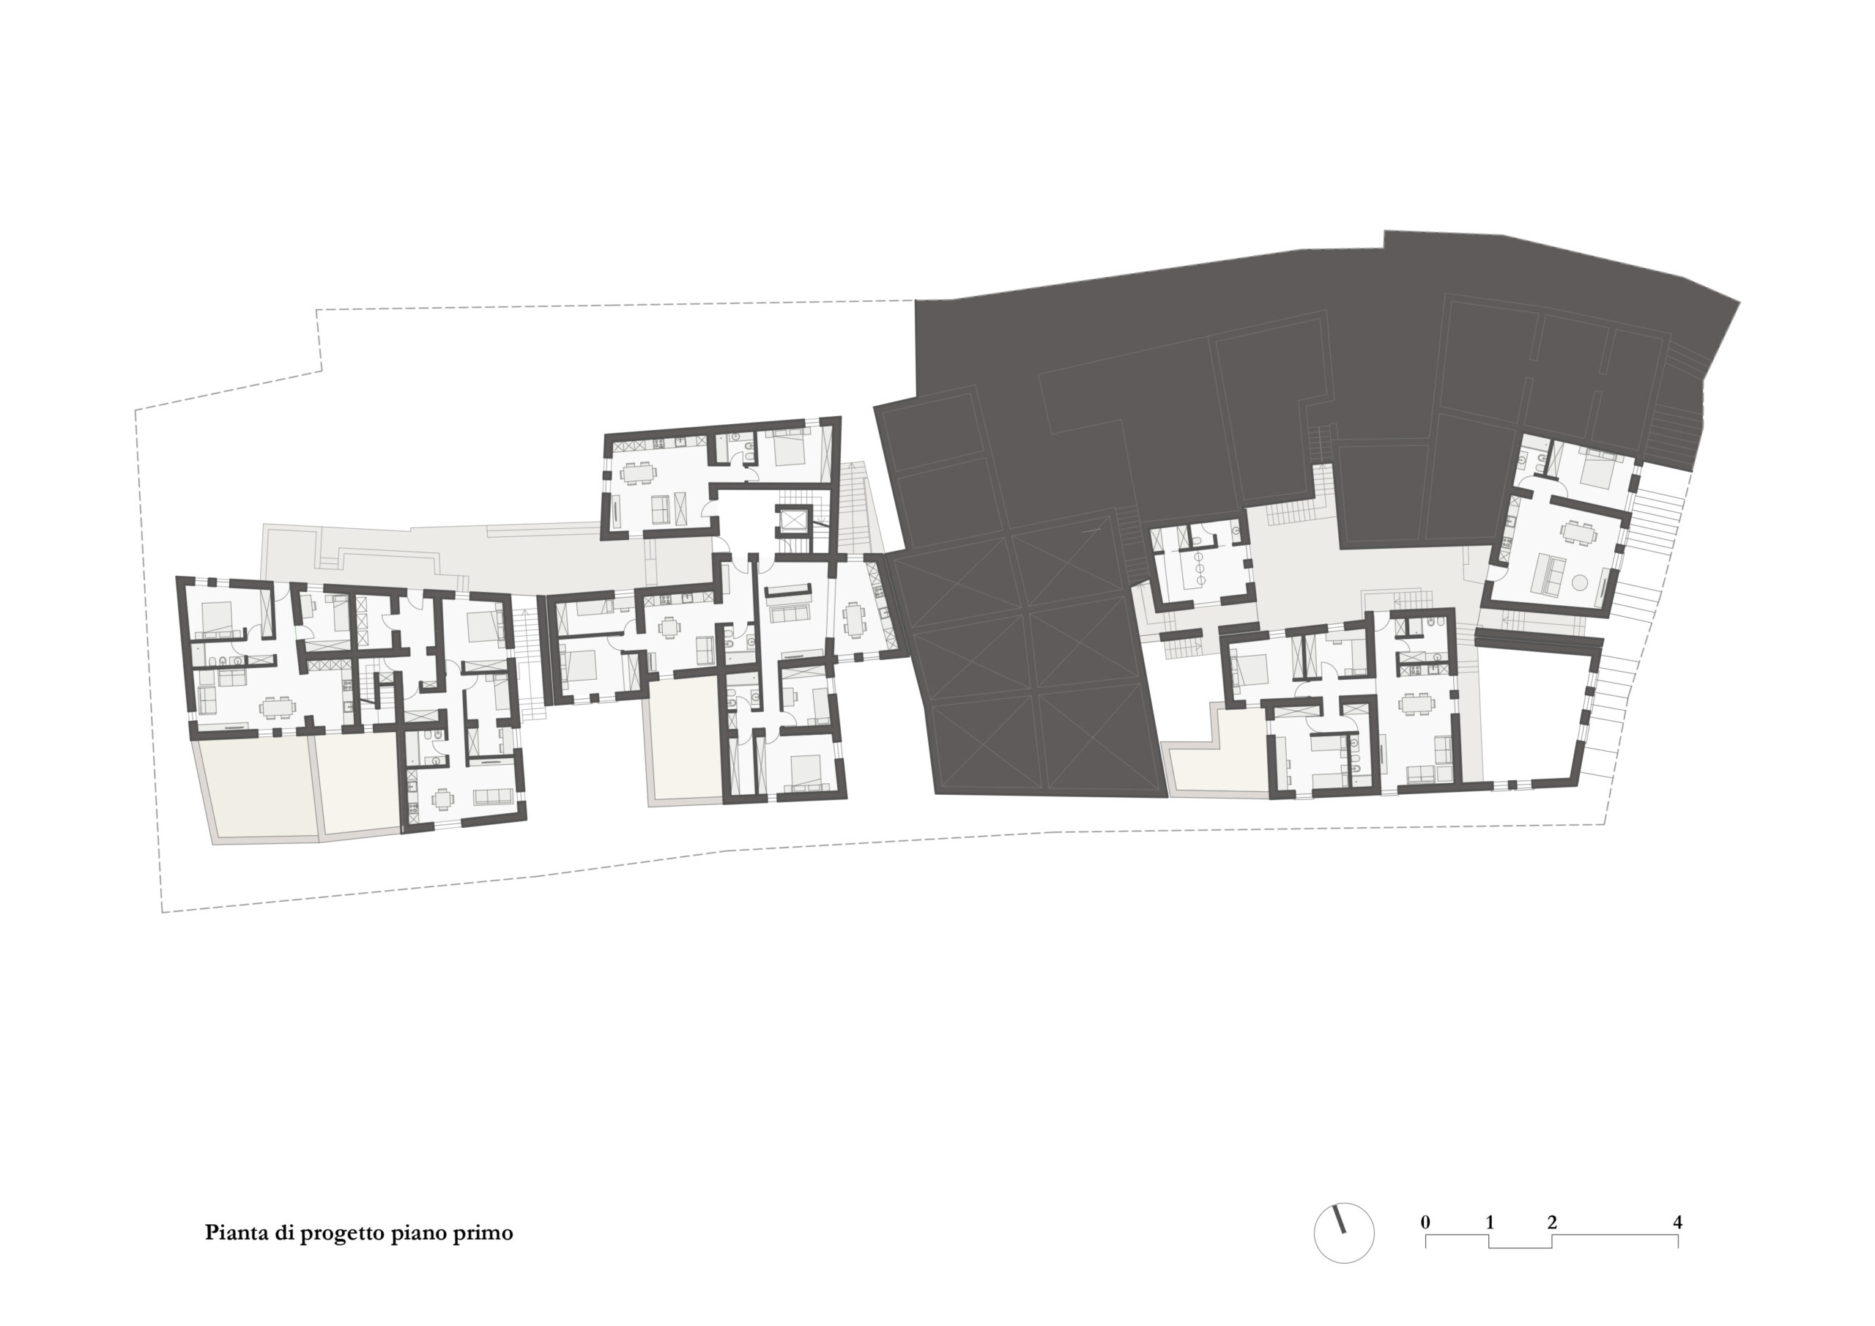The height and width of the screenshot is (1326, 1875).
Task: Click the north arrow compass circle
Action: (x=1343, y=1234)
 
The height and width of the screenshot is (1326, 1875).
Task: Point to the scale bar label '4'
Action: (x=1677, y=1222)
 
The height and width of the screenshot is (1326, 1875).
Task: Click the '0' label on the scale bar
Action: (x=1425, y=1222)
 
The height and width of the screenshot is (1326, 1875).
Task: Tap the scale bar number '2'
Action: (x=1551, y=1222)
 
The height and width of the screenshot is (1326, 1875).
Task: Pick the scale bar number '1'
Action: (x=1490, y=1222)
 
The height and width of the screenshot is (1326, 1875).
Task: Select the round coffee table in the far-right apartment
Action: (x=1579, y=583)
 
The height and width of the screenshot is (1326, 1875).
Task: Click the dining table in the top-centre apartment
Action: (x=638, y=473)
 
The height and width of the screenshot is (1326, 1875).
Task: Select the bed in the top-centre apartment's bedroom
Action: (x=788, y=448)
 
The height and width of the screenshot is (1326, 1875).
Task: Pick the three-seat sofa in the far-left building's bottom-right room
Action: (x=492, y=796)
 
